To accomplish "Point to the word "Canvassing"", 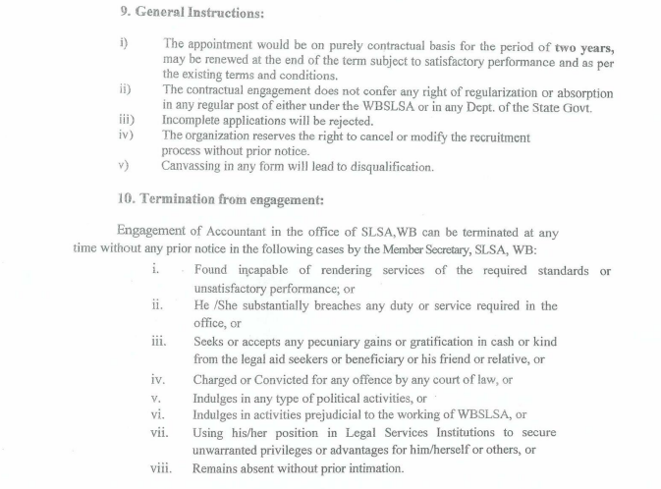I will [194, 167].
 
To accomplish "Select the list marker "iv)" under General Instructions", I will [126, 136].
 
